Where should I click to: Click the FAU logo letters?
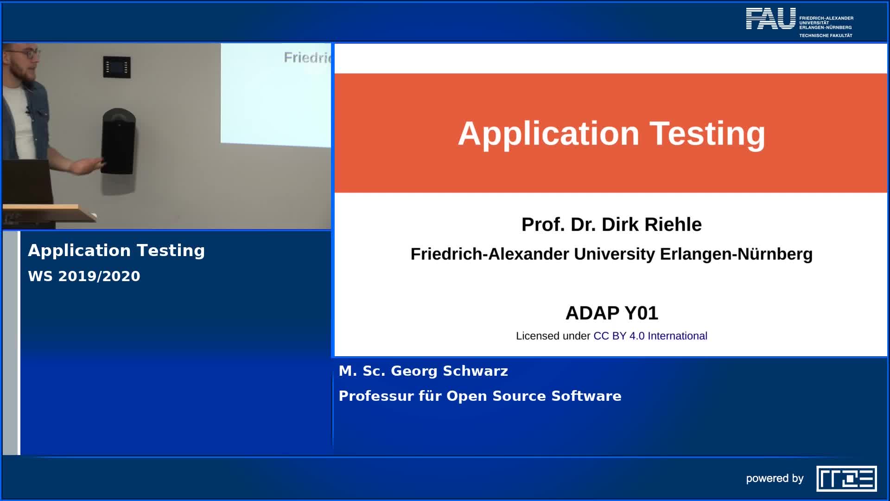pos(770,19)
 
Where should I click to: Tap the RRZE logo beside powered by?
pos(846,478)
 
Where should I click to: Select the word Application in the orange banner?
pos(548,134)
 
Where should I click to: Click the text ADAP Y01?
pos(611,313)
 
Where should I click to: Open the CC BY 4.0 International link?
pos(650,336)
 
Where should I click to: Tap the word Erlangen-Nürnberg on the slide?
pos(736,254)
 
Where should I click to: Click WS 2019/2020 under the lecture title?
pos(84,276)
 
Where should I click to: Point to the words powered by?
pos(775,478)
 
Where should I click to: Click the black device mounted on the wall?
pos(118,141)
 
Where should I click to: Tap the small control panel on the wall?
pos(116,67)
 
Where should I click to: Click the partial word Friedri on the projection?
pos(307,58)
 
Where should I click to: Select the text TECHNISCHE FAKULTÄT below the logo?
pos(826,36)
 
